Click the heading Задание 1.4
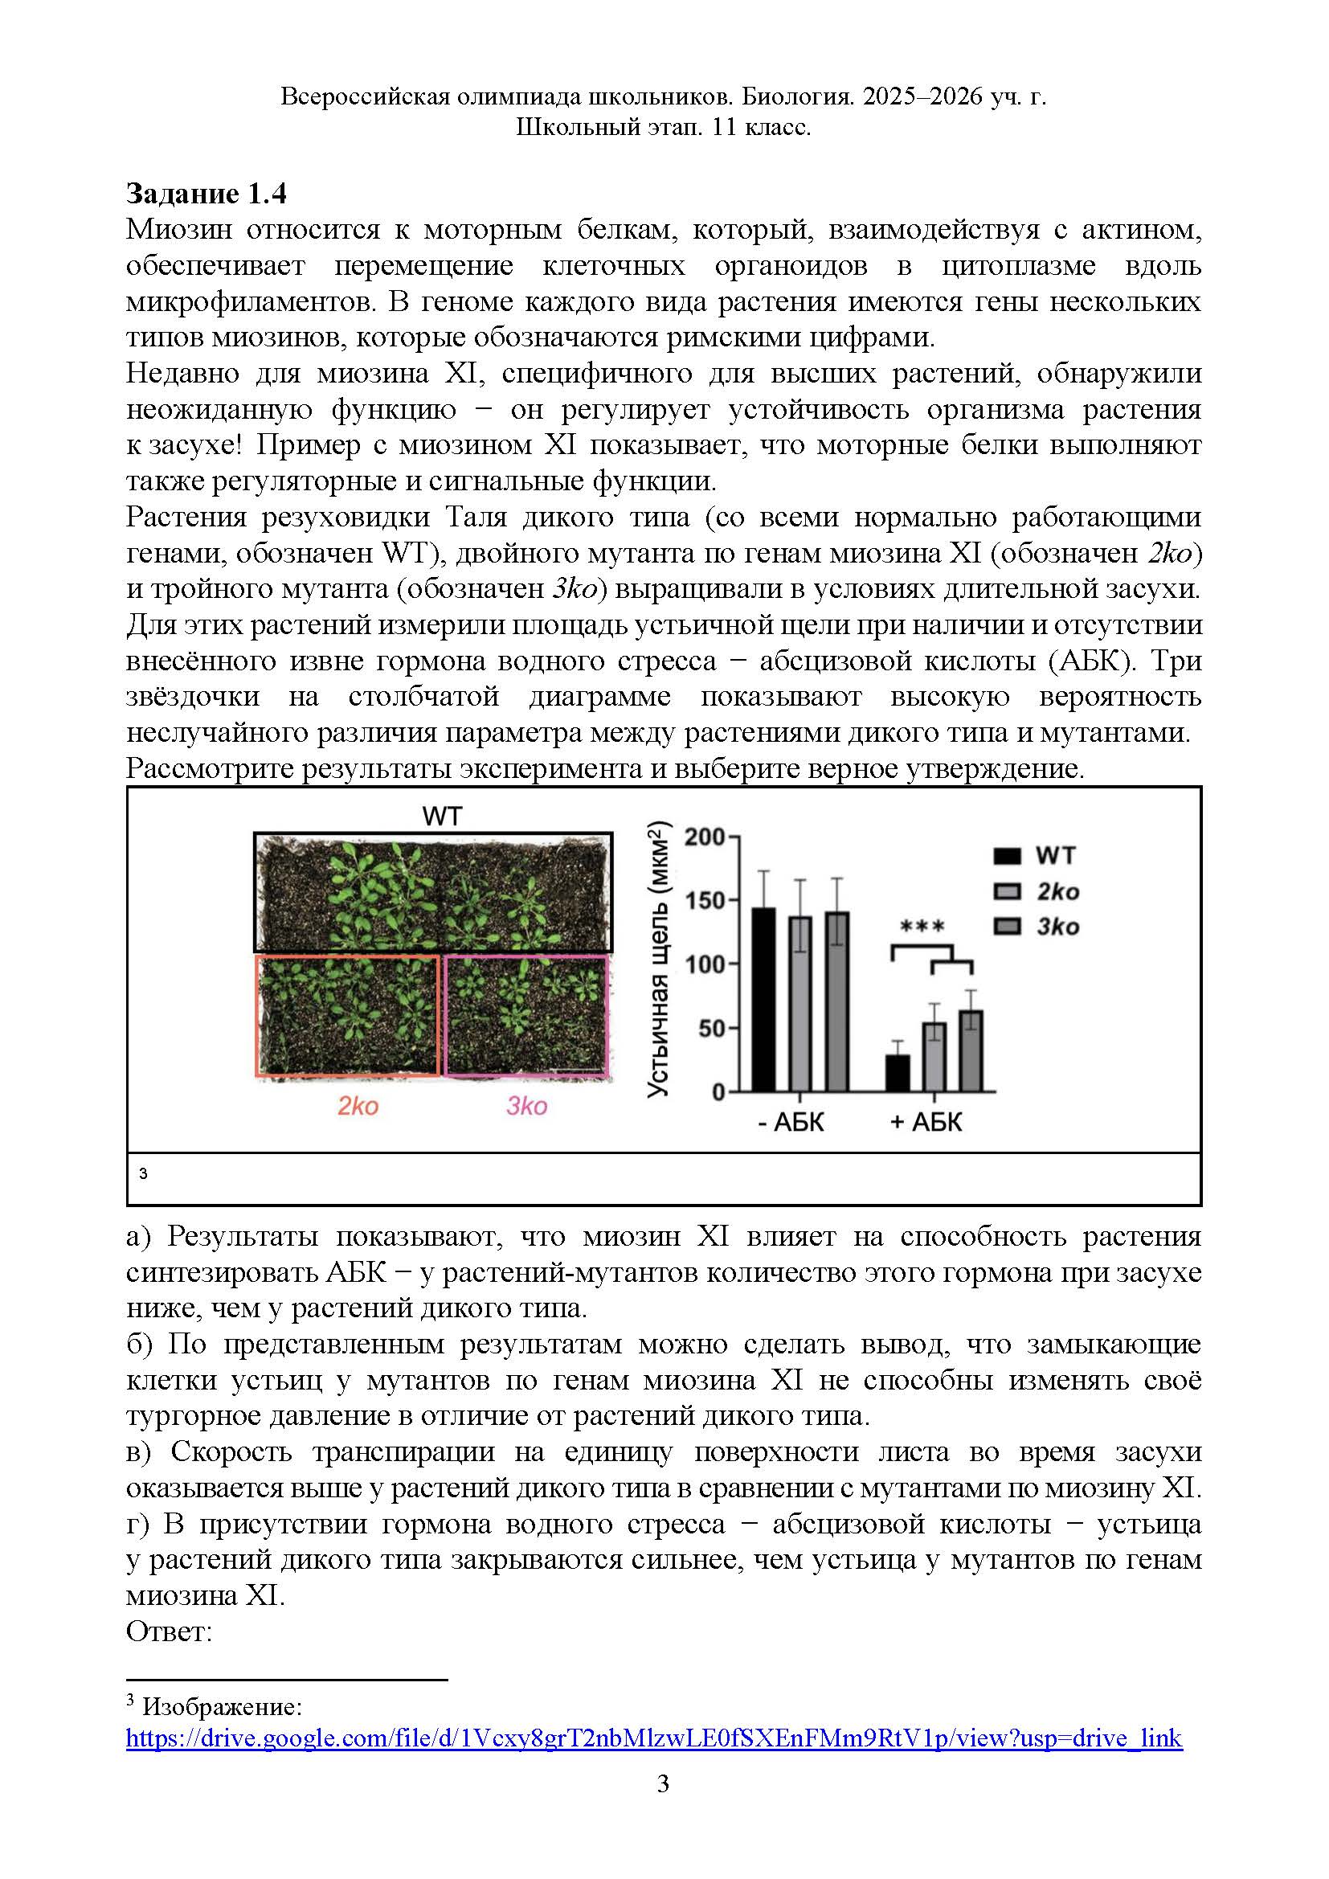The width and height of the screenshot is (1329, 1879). pos(207,194)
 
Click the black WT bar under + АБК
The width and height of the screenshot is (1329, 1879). pos(898,1073)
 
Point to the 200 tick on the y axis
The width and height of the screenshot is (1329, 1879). pos(705,837)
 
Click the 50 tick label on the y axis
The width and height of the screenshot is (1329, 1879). pos(711,1028)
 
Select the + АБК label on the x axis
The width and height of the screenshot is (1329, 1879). pos(926,1121)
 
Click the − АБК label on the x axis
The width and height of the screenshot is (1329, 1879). pos(791,1121)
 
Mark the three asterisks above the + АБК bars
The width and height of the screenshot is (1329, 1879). pos(922,927)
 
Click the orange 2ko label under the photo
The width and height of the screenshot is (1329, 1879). pos(358,1106)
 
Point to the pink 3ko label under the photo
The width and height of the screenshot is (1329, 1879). pos(526,1106)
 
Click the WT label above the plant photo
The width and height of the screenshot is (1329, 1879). pos(442,816)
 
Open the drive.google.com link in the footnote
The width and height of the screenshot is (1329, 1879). pos(653,1738)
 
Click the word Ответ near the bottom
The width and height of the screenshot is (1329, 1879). pos(169,1631)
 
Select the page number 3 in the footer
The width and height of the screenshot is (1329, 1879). pos(664,1783)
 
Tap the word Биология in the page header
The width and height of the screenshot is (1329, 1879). pos(797,96)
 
